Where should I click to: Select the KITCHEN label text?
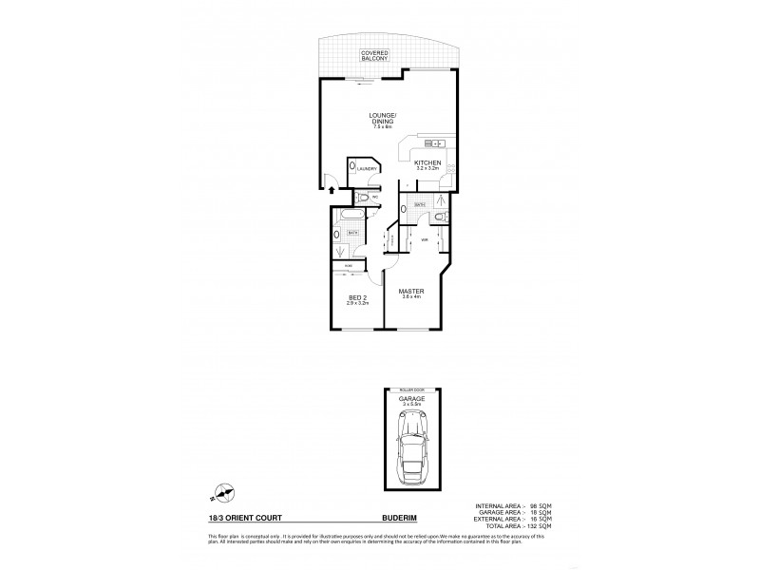(426, 164)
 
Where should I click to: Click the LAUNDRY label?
(368, 169)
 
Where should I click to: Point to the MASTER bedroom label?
(411, 293)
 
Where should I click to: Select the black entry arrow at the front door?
(331, 190)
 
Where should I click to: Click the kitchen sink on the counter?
(436, 143)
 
